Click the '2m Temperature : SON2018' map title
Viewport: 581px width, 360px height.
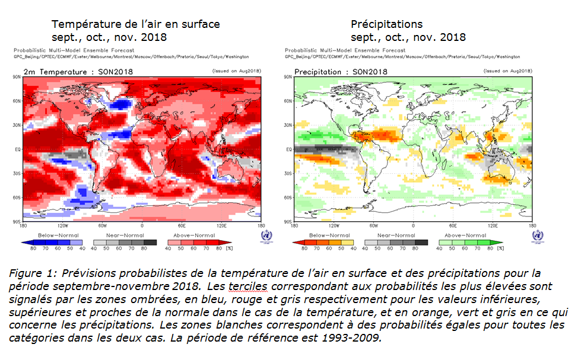pos(78,72)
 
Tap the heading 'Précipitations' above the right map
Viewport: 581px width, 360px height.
pos(386,24)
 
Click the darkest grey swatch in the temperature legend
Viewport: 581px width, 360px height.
pos(151,242)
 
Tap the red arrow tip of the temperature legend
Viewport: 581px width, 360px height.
pos(228,242)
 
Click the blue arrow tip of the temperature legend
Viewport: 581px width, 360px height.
pos(23,242)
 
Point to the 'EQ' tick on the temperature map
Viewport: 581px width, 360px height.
pos(18,149)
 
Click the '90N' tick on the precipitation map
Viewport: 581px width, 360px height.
pos(288,77)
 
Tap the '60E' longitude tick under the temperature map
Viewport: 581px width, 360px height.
pos(181,226)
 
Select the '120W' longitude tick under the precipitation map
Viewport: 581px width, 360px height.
pos(334,226)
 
